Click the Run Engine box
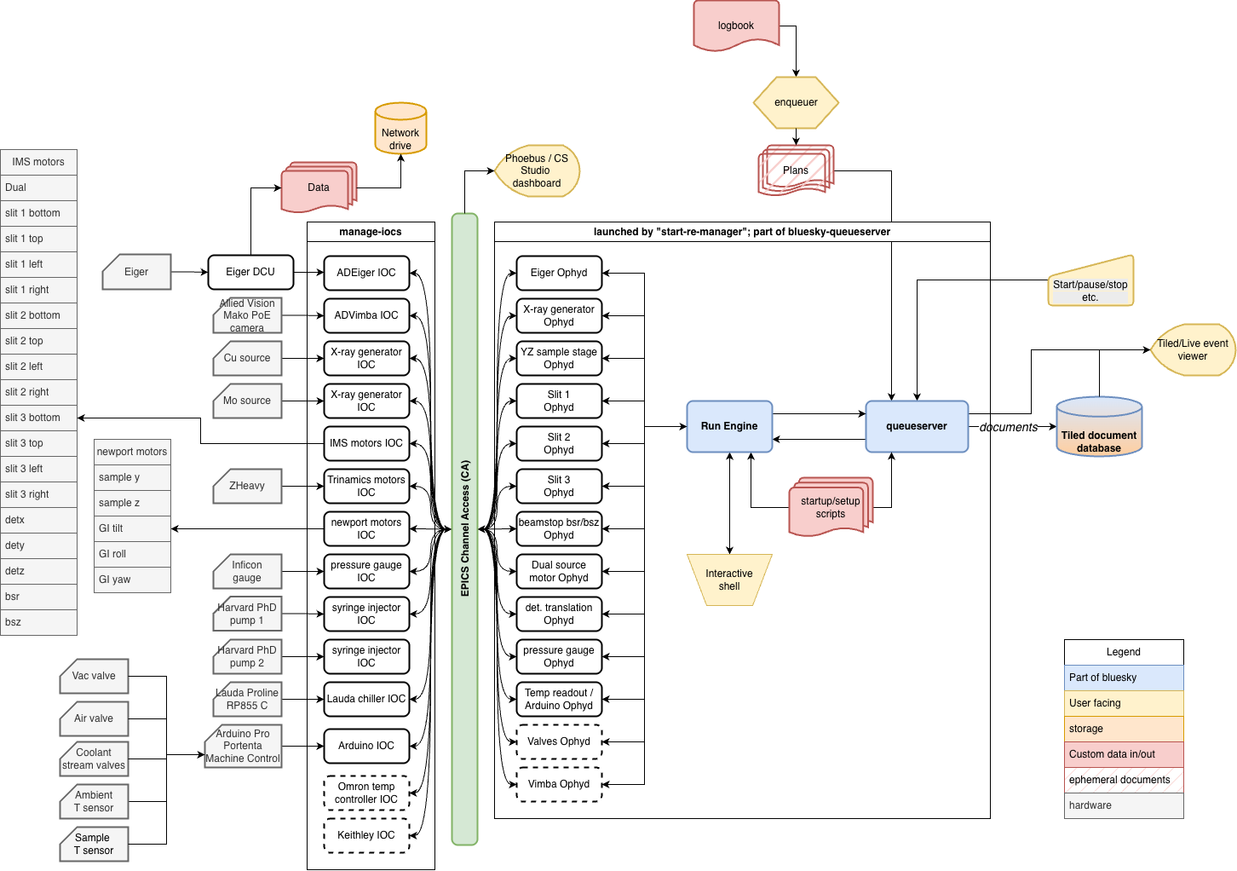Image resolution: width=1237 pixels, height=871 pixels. pos(729,426)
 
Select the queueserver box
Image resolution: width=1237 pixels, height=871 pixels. pos(917,426)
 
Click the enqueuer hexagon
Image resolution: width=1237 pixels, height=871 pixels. pos(796,102)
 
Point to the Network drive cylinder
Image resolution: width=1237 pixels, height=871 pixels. pos(400,132)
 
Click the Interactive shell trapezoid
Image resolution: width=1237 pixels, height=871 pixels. pos(729,580)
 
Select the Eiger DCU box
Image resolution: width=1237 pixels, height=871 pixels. pos(250,272)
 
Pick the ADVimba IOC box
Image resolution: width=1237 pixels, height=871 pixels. pos(366,315)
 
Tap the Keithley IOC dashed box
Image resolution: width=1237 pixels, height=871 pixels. pos(366,835)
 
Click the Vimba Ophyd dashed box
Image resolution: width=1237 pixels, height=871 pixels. pos(559,784)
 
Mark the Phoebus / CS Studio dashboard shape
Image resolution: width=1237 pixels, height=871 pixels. pos(537,170)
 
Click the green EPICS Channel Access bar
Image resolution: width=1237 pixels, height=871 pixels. pos(464,528)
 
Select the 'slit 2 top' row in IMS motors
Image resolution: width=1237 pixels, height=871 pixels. pos(38,341)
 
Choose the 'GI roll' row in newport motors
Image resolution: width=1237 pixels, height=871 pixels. pos(132,554)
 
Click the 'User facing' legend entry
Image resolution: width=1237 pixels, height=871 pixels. pos(1124,703)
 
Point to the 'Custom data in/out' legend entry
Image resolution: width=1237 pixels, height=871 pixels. pos(1124,754)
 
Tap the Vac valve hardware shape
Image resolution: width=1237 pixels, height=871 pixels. pos(94,676)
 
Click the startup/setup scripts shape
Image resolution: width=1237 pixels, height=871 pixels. pos(831,507)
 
